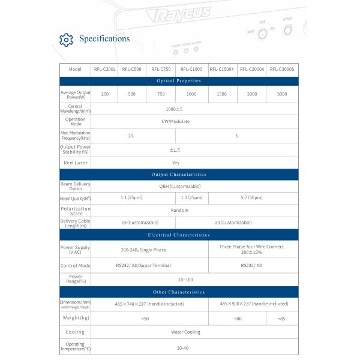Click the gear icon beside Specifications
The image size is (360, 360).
[x=67, y=40]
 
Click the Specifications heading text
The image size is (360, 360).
[x=104, y=39]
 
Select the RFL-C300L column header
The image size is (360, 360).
[x=104, y=69]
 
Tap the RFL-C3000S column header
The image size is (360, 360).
[x=282, y=69]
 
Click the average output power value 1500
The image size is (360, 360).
[x=222, y=94]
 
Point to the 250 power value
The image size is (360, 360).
[x=104, y=94]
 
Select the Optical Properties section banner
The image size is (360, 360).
[x=179, y=80]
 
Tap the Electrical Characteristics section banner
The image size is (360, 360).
[x=179, y=235]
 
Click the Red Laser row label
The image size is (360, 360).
[x=75, y=163]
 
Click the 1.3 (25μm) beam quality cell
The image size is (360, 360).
[x=192, y=197]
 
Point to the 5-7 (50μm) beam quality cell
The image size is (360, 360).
[x=252, y=197]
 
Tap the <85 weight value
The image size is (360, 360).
[x=282, y=318]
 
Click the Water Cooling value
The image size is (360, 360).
[x=185, y=332]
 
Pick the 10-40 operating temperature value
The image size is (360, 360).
[x=182, y=347]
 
